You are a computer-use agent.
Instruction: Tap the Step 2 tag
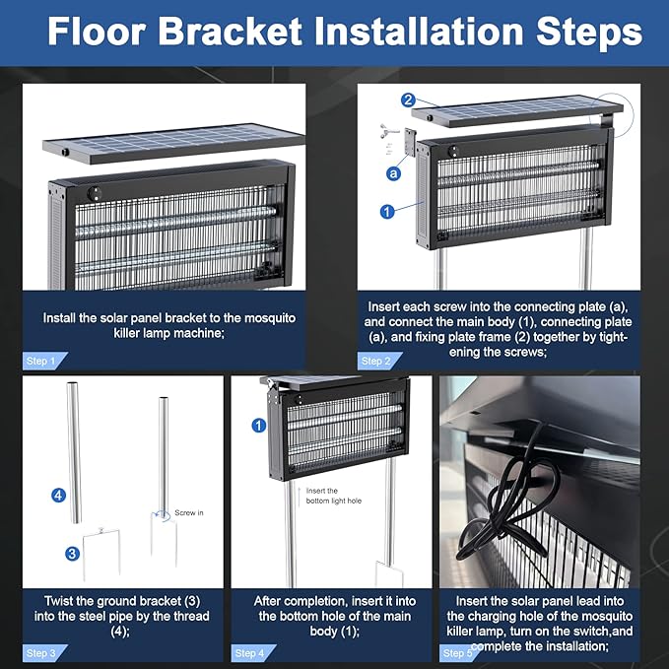click(379, 361)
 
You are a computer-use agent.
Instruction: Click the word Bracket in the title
click(231, 32)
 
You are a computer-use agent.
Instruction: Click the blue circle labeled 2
click(408, 100)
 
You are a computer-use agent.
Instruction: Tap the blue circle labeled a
click(393, 173)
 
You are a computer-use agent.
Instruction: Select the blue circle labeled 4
click(58, 496)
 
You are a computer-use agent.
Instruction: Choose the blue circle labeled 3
click(73, 554)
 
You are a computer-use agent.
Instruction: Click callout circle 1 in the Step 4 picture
click(259, 426)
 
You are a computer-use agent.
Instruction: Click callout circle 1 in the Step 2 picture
click(387, 211)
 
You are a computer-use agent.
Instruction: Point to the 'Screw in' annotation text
click(189, 513)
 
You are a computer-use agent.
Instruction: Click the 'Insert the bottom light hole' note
click(334, 496)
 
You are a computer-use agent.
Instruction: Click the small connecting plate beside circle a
click(410, 142)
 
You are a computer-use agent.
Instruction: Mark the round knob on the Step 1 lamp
click(95, 194)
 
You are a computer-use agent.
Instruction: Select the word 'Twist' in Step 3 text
click(60, 601)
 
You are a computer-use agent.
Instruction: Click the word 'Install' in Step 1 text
click(59, 318)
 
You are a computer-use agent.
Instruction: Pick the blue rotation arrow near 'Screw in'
click(163, 514)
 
